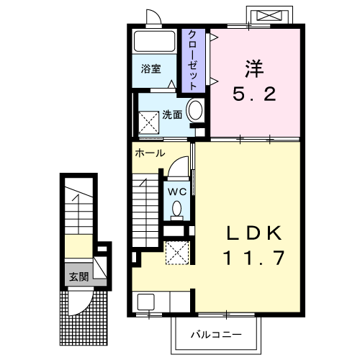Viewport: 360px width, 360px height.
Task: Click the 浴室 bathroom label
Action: point(150,69)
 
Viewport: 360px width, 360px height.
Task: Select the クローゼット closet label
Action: point(193,60)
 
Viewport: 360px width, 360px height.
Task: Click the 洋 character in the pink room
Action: point(254,69)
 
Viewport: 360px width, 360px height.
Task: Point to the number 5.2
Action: point(254,94)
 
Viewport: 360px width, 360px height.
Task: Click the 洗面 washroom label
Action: point(172,114)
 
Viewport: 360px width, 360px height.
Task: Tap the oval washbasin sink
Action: point(195,110)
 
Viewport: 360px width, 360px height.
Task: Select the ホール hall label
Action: point(150,153)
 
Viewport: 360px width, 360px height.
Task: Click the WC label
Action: point(177,192)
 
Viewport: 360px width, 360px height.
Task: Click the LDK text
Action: point(254,233)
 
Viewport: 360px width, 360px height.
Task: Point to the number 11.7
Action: point(254,258)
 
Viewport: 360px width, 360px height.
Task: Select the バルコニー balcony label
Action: point(216,334)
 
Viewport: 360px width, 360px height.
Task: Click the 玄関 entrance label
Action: point(79,276)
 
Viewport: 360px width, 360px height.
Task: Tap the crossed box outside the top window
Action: point(269,16)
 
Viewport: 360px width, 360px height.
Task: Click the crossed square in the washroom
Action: point(148,122)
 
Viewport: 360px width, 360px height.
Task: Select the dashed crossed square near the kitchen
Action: point(178,253)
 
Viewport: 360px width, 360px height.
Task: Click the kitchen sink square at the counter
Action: point(146,302)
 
